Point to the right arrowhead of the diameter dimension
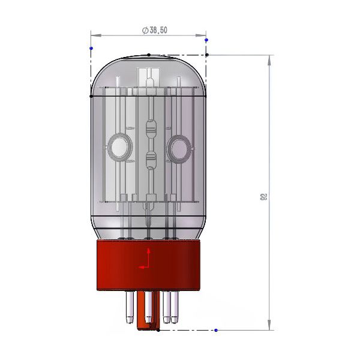pyautogui.click(x=203, y=35)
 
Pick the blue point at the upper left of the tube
pyautogui.click(x=91, y=47)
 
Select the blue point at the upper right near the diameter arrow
pyautogui.click(x=206, y=40)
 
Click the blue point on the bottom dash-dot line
pyautogui.click(x=216, y=330)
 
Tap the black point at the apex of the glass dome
pyautogui.click(x=149, y=55)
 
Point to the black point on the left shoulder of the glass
pyautogui.click(x=91, y=95)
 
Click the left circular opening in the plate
pyautogui.click(x=118, y=146)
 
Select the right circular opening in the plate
pyautogui.click(x=179, y=146)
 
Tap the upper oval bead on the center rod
pyautogui.click(x=150, y=128)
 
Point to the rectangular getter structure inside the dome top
pyautogui.click(x=147, y=77)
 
